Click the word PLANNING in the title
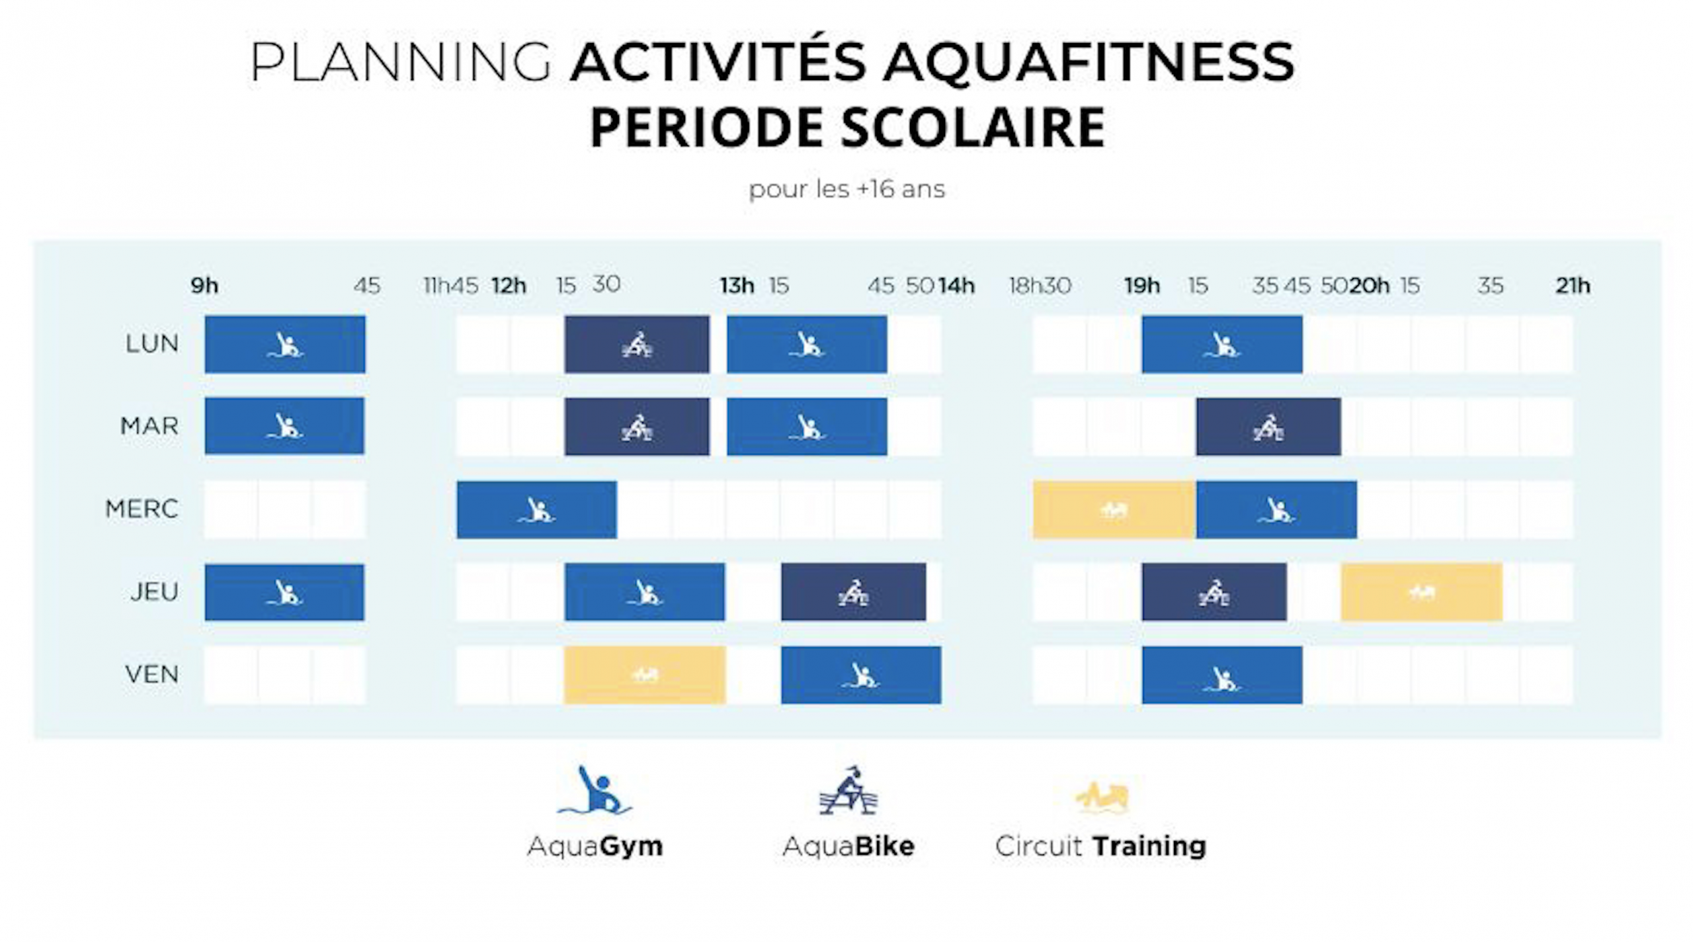pyautogui.click(x=401, y=62)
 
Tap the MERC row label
pyautogui.click(x=142, y=509)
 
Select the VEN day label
pyautogui.click(x=152, y=674)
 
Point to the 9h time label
pyautogui.click(x=204, y=286)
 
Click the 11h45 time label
pyautogui.click(x=450, y=286)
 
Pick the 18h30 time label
pyautogui.click(x=1040, y=286)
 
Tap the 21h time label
pyautogui.click(x=1573, y=286)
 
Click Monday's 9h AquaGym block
pyautogui.click(x=285, y=345)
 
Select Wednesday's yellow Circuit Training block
pyautogui.click(x=1114, y=509)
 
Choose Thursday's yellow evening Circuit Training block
pyautogui.click(x=1422, y=592)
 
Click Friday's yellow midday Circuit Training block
pyautogui.click(x=645, y=675)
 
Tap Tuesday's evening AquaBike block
pyautogui.click(x=1268, y=427)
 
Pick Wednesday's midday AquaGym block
pyautogui.click(x=537, y=509)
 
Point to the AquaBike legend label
pyautogui.click(x=848, y=846)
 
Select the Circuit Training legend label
pyautogui.click(x=1101, y=846)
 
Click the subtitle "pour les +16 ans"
pyautogui.click(x=847, y=190)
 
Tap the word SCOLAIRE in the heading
pyautogui.click(x=973, y=127)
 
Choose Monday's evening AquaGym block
pyautogui.click(x=1222, y=345)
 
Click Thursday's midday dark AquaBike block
pyautogui.click(x=854, y=592)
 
